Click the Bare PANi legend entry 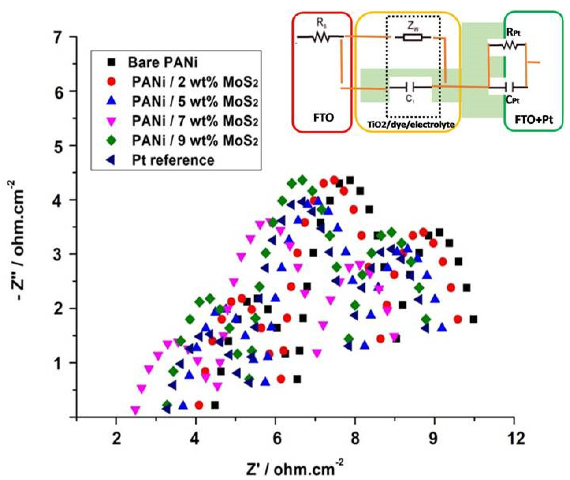coord(162,62)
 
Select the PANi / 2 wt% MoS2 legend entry coord(195,82)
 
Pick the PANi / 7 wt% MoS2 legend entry coord(195,121)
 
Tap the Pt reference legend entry coord(173,160)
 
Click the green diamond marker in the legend coord(112,140)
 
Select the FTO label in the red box coord(323,118)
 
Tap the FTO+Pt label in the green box coord(534,120)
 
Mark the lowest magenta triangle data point coord(135,410)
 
